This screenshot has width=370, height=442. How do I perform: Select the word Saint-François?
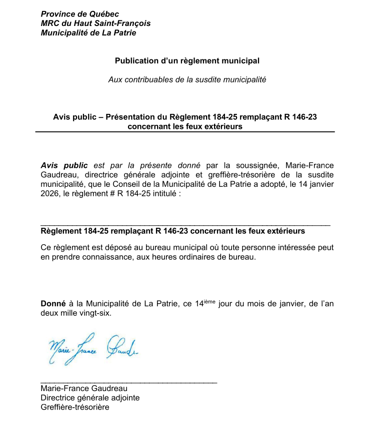(125, 23)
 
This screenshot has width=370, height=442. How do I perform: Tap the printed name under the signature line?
(83, 389)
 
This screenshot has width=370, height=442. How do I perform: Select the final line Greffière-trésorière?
(74, 408)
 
